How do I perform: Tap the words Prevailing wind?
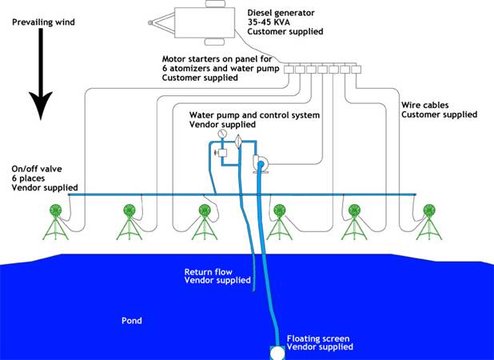tap(43, 22)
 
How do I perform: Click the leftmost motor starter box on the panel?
tap(289, 70)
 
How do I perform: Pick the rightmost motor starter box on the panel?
tap(356, 70)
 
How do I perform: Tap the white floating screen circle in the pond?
tap(276, 352)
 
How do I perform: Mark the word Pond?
tap(131, 321)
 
